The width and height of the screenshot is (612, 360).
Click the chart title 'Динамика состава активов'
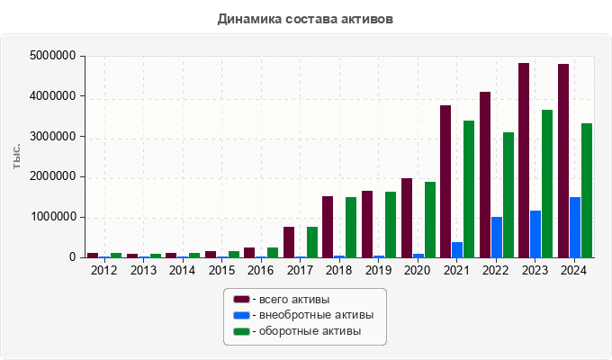click(x=305, y=18)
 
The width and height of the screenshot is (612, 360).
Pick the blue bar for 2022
click(x=497, y=237)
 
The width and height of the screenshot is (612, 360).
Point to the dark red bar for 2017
click(x=289, y=242)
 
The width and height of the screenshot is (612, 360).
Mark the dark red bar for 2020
click(x=407, y=218)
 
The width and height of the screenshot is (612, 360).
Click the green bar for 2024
click(x=587, y=190)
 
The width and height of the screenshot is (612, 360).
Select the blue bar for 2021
click(x=457, y=249)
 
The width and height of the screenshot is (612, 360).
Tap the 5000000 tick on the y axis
click(x=52, y=56)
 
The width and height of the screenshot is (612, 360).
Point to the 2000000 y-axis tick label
click(x=52, y=177)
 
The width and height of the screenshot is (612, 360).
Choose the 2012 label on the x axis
click(x=103, y=270)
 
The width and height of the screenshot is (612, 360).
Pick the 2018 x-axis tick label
click(x=339, y=270)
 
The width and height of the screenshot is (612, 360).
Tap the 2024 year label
click(x=575, y=270)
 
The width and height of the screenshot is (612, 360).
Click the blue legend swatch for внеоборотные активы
click(x=241, y=315)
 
